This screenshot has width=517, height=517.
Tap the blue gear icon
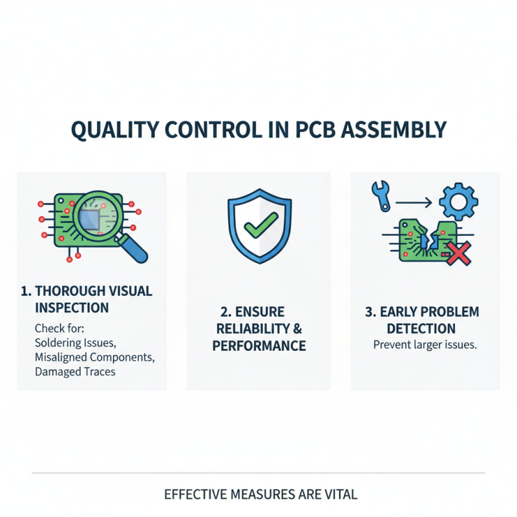(x=458, y=202)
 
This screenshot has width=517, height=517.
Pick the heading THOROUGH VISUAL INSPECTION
(x=87, y=299)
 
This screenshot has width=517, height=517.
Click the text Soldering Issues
(x=75, y=341)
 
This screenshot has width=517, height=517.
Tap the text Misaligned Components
(x=94, y=357)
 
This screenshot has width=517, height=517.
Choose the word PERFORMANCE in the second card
(x=259, y=346)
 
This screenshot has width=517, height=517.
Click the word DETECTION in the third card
(x=421, y=328)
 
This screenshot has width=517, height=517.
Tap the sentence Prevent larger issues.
(x=425, y=344)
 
